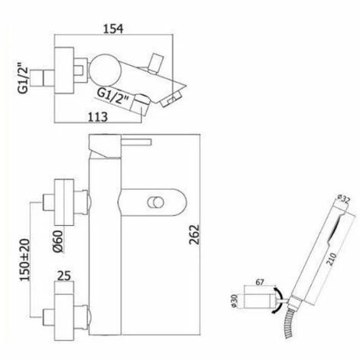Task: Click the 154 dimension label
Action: click(113, 28)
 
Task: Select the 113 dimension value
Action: click(98, 117)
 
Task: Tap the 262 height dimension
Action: click(195, 234)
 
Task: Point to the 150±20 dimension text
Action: click(25, 260)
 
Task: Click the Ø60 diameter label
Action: click(58, 241)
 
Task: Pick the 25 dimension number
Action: click(64, 276)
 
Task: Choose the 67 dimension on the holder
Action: click(260, 283)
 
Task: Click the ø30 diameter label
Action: click(235, 301)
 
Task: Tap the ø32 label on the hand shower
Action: click(343, 199)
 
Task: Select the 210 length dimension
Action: click(332, 259)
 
